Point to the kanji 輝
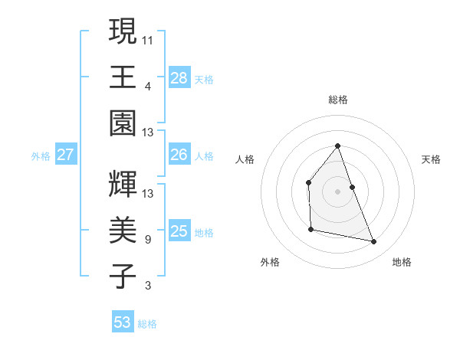tap(123, 184)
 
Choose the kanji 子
tap(123, 275)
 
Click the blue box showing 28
tap(179, 77)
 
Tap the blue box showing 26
tap(179, 155)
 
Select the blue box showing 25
tap(179, 231)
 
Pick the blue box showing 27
tap(65, 155)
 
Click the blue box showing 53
tap(123, 322)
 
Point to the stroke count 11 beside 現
tap(148, 40)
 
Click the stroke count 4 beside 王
tap(148, 86)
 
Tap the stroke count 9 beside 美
tap(148, 240)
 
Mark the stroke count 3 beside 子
tap(148, 286)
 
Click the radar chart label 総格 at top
tap(337, 100)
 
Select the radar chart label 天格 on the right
tap(431, 159)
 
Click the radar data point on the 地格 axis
tap(374, 241)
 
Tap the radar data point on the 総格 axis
tap(337, 146)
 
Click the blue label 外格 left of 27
tap(41, 155)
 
